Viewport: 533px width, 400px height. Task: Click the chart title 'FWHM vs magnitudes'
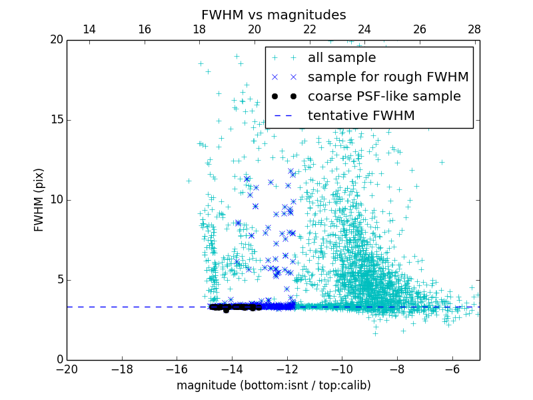pyautogui.click(x=273, y=15)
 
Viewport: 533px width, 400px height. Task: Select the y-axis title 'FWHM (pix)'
pyautogui.click(x=39, y=200)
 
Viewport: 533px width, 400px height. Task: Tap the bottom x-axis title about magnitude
pyautogui.click(x=273, y=385)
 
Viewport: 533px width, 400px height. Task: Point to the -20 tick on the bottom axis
pyautogui.click(x=67, y=369)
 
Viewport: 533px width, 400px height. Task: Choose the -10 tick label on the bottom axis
pyautogui.click(x=342, y=369)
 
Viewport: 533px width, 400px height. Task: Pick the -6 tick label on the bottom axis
pyautogui.click(x=452, y=369)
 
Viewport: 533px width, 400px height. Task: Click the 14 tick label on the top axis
pyautogui.click(x=89, y=29)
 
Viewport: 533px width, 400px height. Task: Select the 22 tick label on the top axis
pyautogui.click(x=310, y=29)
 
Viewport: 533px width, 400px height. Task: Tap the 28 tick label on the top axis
pyautogui.click(x=474, y=29)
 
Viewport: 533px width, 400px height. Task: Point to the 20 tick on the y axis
pyautogui.click(x=56, y=40)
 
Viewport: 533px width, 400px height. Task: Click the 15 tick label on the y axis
pyautogui.click(x=56, y=120)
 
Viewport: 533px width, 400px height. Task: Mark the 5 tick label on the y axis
pyautogui.click(x=59, y=280)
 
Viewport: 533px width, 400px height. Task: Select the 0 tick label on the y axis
pyautogui.click(x=59, y=360)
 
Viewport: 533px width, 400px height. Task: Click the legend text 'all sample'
pyautogui.click(x=342, y=58)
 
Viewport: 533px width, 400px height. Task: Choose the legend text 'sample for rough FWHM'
pyautogui.click(x=388, y=77)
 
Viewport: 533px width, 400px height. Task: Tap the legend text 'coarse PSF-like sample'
pyautogui.click(x=384, y=97)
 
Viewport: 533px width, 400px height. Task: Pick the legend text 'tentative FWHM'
pyautogui.click(x=361, y=116)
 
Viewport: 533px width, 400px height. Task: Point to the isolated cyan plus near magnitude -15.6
pyautogui.click(x=189, y=181)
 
